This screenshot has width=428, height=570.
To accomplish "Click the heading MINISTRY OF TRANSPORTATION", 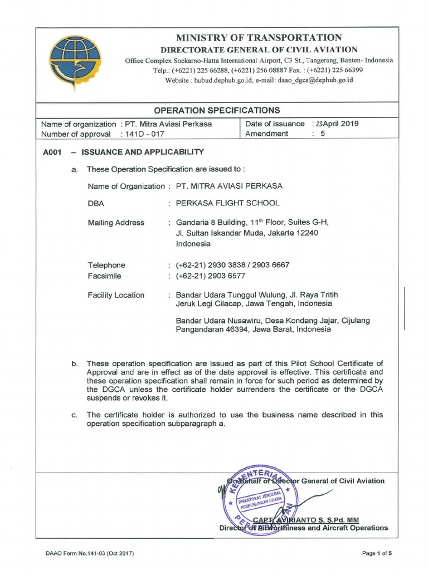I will (x=259, y=37).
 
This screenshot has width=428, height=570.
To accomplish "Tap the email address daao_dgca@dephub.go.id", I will (x=318, y=80).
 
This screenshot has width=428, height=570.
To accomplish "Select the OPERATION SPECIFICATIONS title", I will (x=217, y=110).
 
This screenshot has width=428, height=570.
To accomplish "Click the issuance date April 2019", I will (x=335, y=124).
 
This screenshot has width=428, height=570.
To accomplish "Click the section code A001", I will (x=51, y=152).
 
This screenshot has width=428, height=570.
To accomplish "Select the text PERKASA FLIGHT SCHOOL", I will (x=228, y=203).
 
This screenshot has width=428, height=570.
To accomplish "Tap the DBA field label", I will (x=96, y=203).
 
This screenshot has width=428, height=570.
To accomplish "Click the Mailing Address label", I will (x=116, y=223).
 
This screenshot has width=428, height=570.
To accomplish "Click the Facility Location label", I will (x=116, y=295).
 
